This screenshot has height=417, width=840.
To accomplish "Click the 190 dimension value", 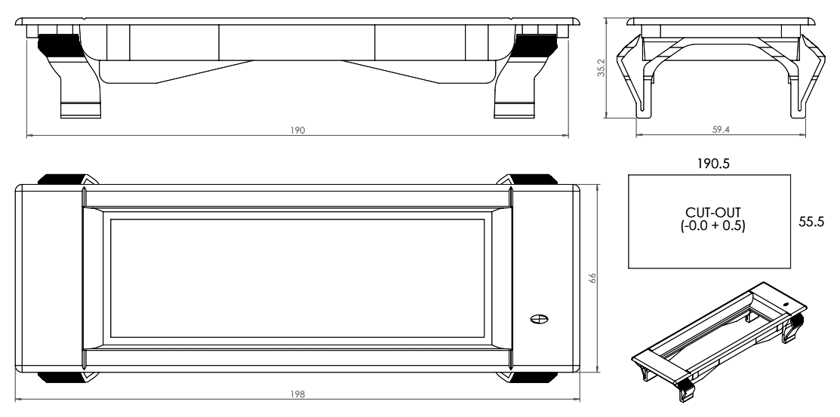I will click(297, 130).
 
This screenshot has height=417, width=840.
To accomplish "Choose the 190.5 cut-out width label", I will click(709, 162).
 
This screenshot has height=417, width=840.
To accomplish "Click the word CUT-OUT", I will click(709, 214).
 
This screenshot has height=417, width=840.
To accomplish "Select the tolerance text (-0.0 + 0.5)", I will click(709, 226).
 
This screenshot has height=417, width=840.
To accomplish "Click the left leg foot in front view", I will click(79, 109).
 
